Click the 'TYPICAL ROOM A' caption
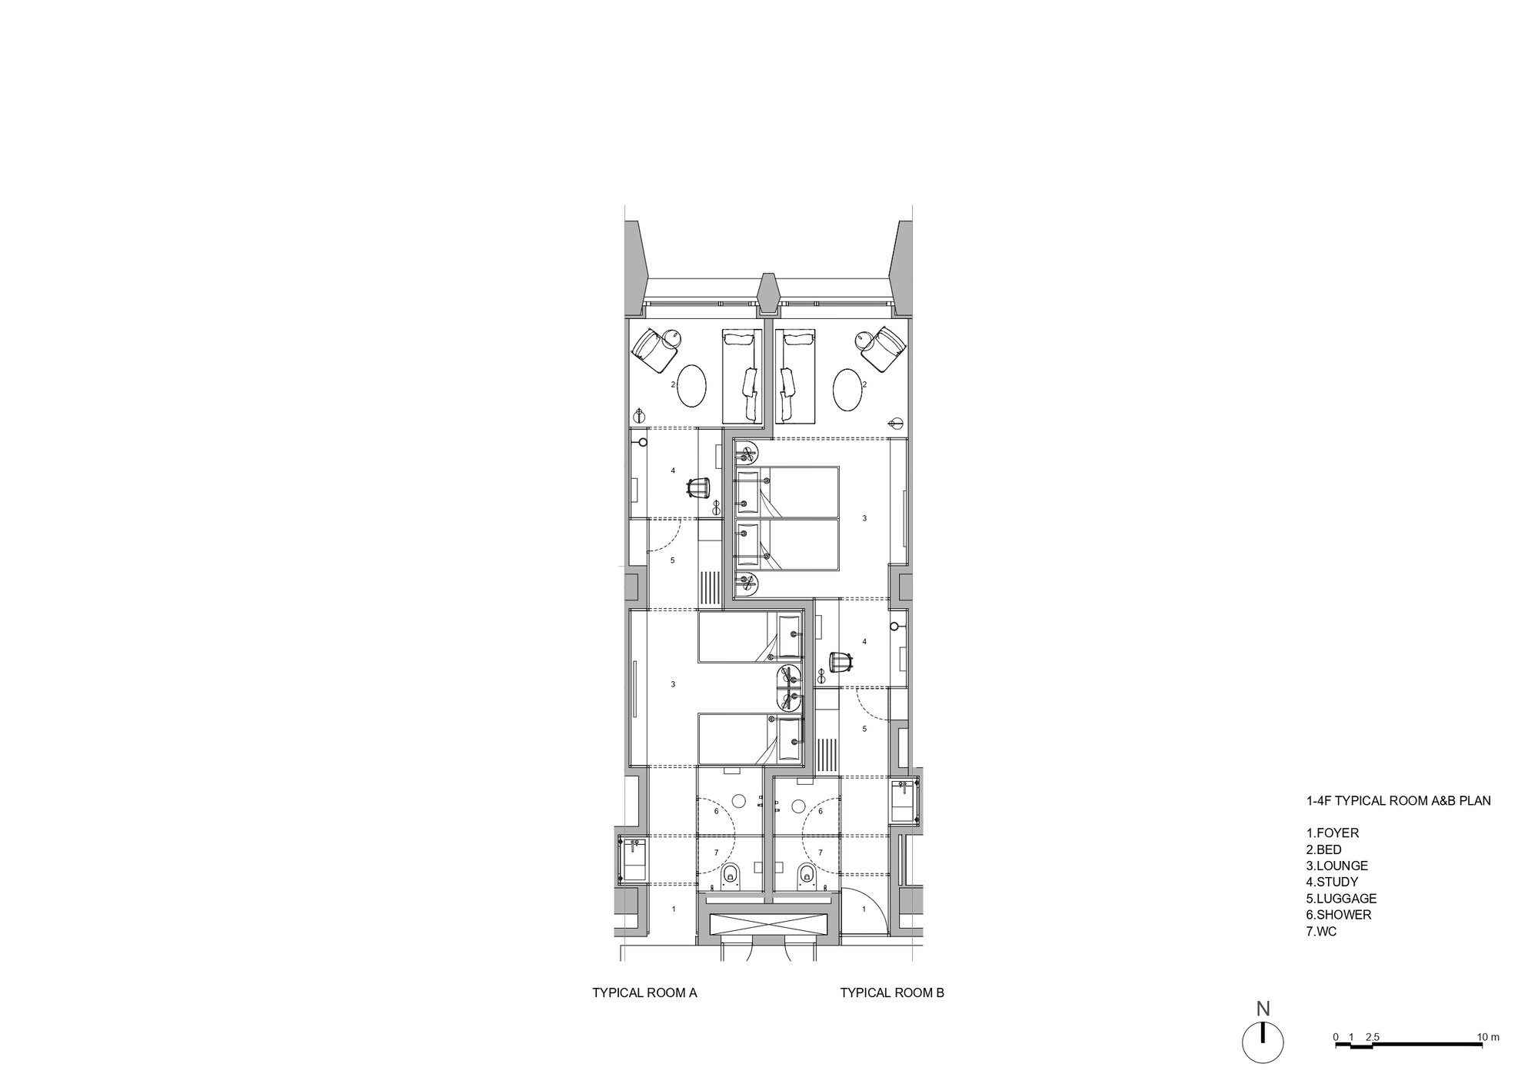(644, 992)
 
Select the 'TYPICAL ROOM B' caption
(892, 992)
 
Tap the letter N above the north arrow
(1263, 1009)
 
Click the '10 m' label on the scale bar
(1488, 1037)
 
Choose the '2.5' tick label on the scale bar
(1373, 1037)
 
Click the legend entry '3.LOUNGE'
(1337, 866)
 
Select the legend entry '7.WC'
(1321, 931)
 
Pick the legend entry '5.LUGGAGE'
(1341, 898)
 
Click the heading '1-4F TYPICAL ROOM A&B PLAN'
(1398, 800)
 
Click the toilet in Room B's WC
(806, 875)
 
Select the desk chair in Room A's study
(161, 488)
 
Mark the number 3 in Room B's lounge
(864, 518)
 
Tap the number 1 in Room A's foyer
(674, 909)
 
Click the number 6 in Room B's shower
(821, 811)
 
